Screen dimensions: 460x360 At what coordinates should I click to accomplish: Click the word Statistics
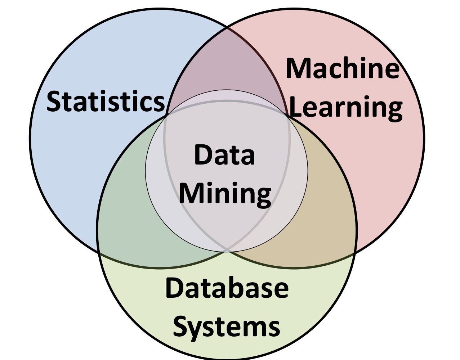[x=106, y=102]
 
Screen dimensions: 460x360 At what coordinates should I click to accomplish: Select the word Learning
[x=346, y=107]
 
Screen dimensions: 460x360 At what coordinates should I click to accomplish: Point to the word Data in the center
[x=224, y=154]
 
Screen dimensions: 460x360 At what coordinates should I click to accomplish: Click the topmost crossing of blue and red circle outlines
[x=227, y=27]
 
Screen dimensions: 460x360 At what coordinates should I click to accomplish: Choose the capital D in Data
[x=203, y=154]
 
